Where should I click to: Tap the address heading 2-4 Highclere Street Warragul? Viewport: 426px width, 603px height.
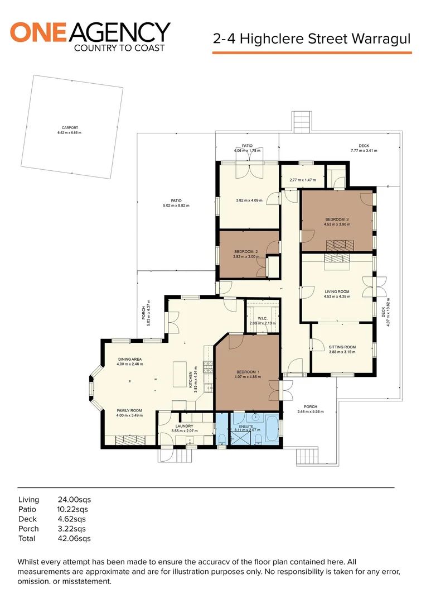click(x=312, y=39)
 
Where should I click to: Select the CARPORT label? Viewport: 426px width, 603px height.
click(x=70, y=128)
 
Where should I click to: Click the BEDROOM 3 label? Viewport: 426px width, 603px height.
click(x=337, y=219)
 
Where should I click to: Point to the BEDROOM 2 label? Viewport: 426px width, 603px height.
click(x=246, y=252)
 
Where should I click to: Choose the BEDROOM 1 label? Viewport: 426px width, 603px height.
click(x=248, y=372)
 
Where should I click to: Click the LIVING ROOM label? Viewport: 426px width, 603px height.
click(x=337, y=292)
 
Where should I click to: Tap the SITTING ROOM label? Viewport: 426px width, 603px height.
click(x=342, y=347)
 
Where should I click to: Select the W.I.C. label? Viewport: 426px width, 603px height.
click(x=263, y=318)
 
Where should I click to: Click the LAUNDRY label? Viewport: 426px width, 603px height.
click(x=185, y=426)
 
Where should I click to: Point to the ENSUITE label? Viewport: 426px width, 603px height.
click(x=246, y=427)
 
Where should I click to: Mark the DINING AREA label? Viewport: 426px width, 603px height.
click(x=130, y=359)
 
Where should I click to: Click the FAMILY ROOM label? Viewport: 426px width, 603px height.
click(x=129, y=411)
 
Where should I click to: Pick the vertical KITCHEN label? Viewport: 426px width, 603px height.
click(x=191, y=380)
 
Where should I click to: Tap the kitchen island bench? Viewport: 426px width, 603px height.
click(x=180, y=374)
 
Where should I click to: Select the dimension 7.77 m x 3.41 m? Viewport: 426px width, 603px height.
click(x=364, y=151)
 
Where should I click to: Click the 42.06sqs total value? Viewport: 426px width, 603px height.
click(x=74, y=538)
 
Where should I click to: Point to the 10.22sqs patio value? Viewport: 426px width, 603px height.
click(x=72, y=509)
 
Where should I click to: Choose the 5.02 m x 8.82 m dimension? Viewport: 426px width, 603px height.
click(x=176, y=205)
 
